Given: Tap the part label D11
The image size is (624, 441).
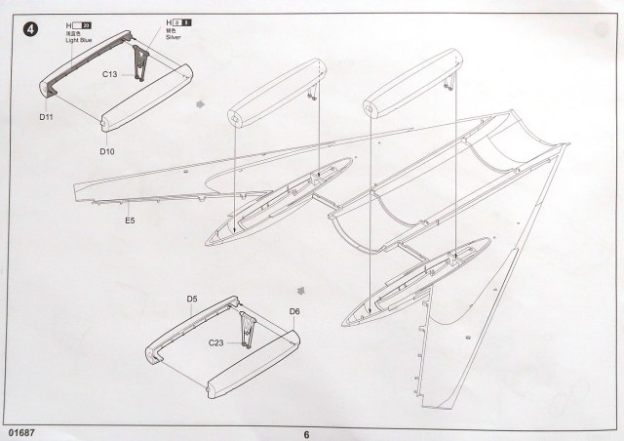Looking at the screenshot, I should pyautogui.click(x=46, y=117).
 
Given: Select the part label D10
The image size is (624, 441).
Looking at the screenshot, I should pyautogui.click(x=107, y=151).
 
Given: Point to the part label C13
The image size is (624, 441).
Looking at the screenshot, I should pyautogui.click(x=109, y=71).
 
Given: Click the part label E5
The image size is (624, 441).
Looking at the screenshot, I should pyautogui.click(x=131, y=221).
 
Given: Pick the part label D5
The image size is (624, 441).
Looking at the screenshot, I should pyautogui.click(x=193, y=299).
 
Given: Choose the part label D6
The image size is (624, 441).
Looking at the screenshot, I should pyautogui.click(x=293, y=311).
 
